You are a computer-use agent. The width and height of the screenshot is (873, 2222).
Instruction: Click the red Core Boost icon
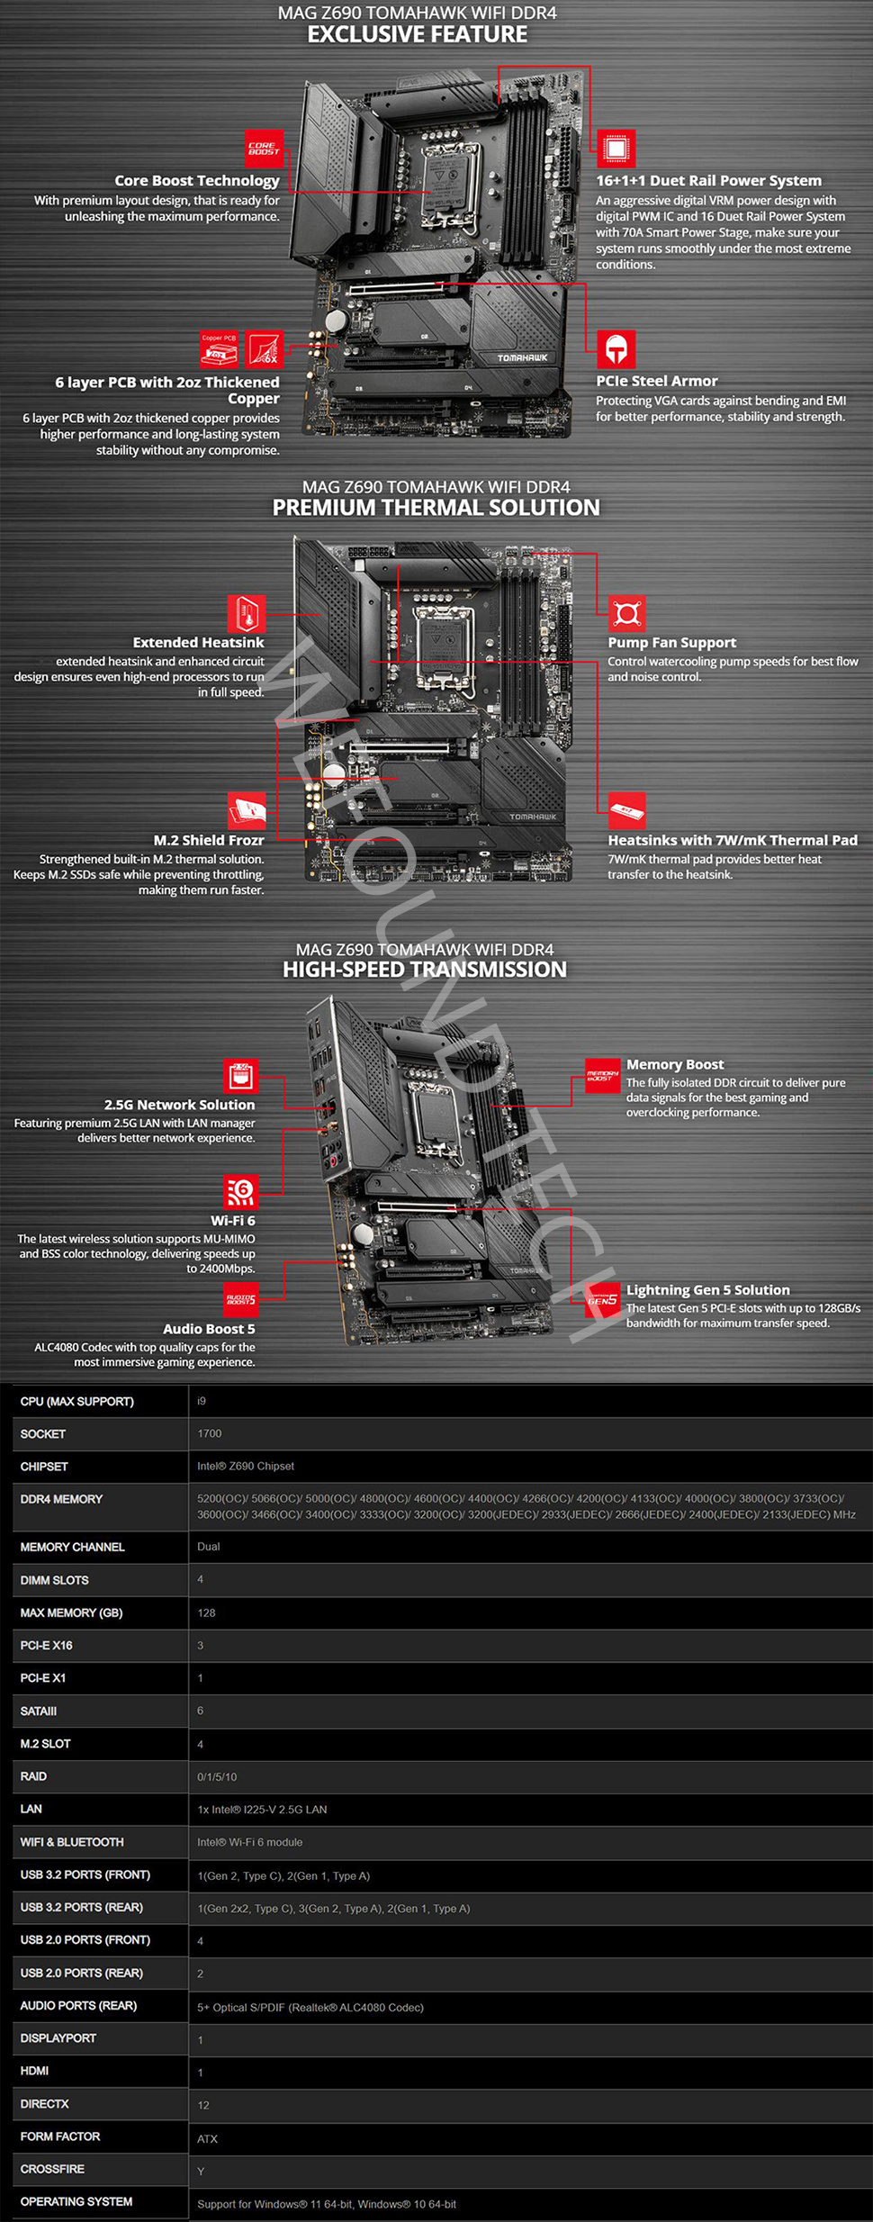tap(264, 149)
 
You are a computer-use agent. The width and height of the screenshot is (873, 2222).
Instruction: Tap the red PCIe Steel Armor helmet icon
tap(616, 348)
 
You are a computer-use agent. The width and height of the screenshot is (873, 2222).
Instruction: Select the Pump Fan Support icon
tap(626, 614)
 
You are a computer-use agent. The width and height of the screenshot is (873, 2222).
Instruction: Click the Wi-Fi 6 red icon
tap(240, 1192)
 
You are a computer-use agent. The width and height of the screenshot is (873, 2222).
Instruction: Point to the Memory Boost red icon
tap(602, 1075)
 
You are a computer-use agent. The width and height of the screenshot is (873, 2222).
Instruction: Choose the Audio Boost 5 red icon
tap(240, 1299)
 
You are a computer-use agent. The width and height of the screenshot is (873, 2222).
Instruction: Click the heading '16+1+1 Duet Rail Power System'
tap(708, 181)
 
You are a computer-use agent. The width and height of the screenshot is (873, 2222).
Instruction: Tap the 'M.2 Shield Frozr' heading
tap(209, 840)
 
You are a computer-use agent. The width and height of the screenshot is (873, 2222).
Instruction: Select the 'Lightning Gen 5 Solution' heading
tap(707, 1290)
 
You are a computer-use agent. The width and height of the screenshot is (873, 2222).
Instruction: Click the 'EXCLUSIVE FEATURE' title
tap(418, 35)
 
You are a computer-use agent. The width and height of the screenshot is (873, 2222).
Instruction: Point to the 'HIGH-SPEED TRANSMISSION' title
tap(425, 970)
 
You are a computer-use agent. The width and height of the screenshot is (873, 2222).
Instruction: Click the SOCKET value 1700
tap(209, 1433)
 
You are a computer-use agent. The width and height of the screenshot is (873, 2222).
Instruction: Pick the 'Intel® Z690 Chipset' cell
tap(246, 1467)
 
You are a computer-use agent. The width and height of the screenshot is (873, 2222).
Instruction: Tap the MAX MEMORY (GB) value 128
tap(206, 1612)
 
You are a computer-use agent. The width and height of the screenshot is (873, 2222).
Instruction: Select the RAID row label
tap(33, 1776)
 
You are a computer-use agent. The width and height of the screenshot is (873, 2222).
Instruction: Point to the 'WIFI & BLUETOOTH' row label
tap(72, 1842)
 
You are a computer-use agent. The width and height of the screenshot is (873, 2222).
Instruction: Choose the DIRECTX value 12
tap(203, 2105)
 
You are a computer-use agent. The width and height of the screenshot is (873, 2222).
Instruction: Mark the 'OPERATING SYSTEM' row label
tap(76, 2201)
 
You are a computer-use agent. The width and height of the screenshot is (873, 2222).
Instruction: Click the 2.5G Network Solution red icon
tap(240, 1075)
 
